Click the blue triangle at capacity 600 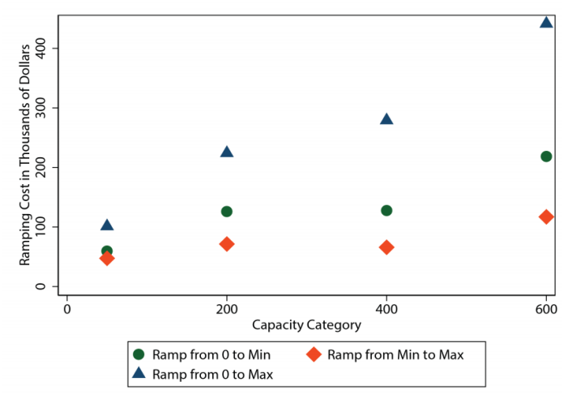[546, 22]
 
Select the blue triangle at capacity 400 [386, 119]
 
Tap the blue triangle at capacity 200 [227, 152]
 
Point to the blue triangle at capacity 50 [107, 225]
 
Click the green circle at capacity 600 [546, 157]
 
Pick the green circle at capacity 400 [386, 211]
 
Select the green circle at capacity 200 [227, 212]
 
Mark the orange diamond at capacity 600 [546, 217]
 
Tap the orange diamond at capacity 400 [386, 247]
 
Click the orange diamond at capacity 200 [227, 244]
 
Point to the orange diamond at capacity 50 [107, 258]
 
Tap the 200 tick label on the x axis [227, 309]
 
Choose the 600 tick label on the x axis [546, 309]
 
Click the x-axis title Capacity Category [306, 325]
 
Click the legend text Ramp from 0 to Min [211, 354]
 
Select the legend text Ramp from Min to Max [395, 354]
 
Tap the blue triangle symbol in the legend [139, 374]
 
